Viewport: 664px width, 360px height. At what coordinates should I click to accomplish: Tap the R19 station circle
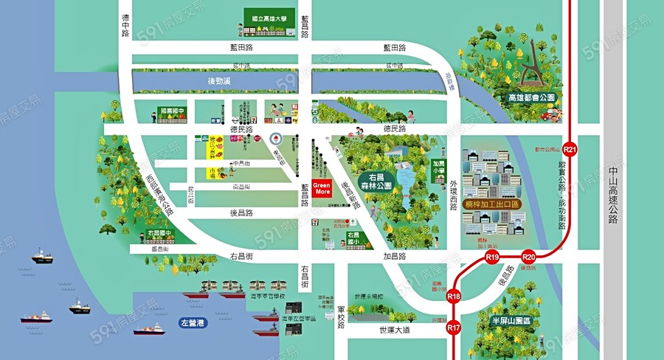[493, 257]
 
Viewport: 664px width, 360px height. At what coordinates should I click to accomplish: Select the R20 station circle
[528, 257]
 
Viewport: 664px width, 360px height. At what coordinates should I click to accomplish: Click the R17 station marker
[454, 327]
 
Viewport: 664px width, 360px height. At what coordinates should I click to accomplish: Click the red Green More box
[322, 187]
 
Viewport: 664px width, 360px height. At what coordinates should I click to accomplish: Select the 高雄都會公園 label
[531, 97]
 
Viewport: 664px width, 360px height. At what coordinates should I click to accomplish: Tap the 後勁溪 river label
[219, 80]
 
